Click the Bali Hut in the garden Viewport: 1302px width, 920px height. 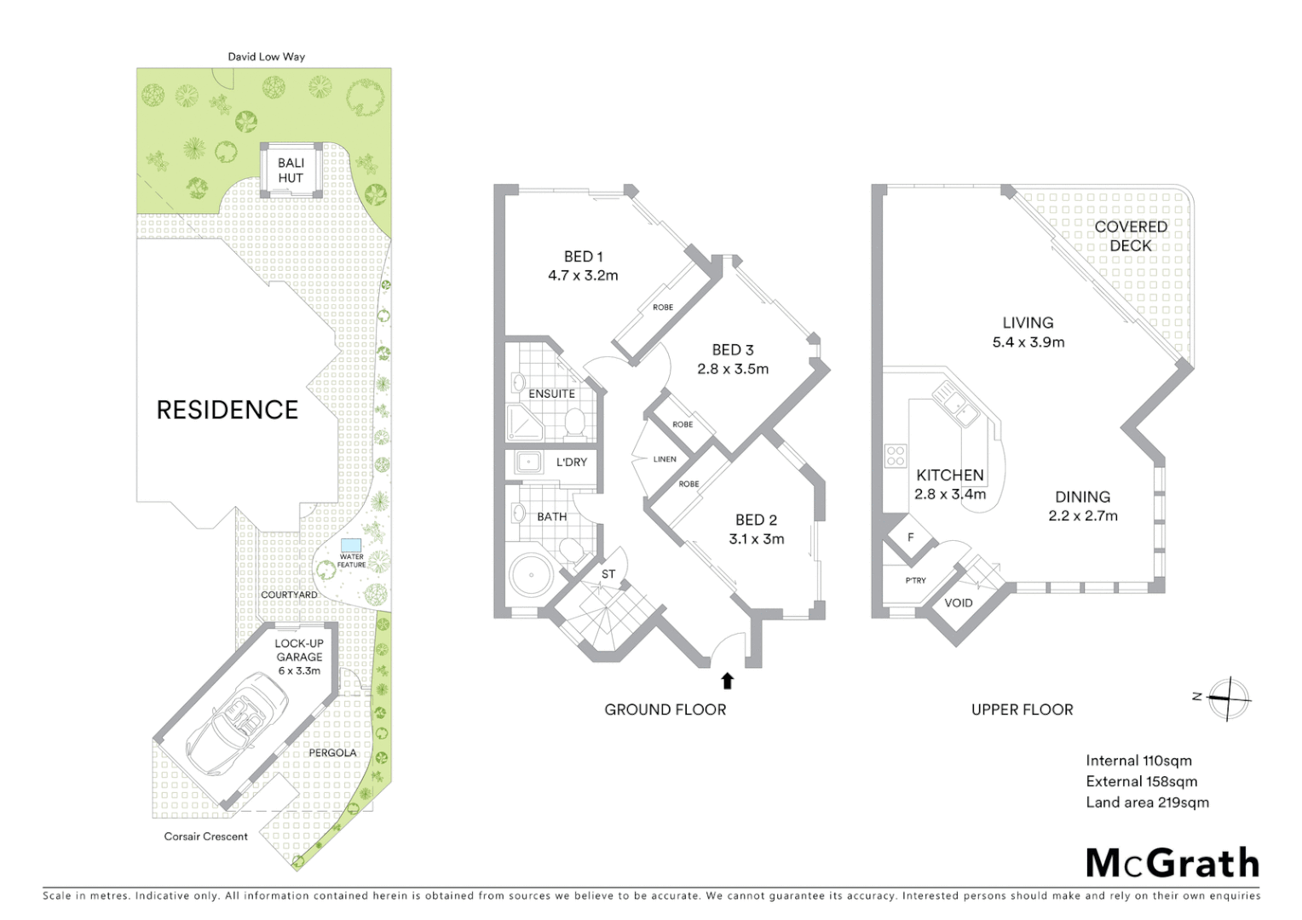[291, 170]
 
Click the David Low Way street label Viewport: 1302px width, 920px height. [266, 57]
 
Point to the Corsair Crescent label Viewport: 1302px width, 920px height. [206, 837]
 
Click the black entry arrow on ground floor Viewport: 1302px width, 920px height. [727, 680]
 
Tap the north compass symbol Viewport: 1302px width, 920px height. [1228, 699]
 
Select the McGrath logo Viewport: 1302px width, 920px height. [1172, 863]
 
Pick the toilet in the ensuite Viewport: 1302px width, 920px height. [574, 422]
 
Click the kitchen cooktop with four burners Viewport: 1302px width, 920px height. [895, 456]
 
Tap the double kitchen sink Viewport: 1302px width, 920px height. [955, 404]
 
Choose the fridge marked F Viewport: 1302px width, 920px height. [911, 538]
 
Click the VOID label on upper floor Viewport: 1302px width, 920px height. [959, 603]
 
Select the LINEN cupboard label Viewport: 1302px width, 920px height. [665, 459]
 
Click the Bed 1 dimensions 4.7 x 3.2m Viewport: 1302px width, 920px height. [583, 275]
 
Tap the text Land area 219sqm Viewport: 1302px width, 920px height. [1147, 802]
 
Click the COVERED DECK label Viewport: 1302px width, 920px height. [1130, 236]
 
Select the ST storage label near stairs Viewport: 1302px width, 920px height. [608, 574]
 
